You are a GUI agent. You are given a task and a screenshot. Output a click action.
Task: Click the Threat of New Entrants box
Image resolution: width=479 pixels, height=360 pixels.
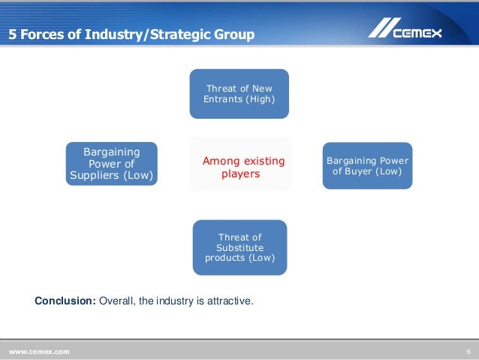(239, 94)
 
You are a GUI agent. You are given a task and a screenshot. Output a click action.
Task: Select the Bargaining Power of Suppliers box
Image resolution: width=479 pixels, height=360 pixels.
(112, 164)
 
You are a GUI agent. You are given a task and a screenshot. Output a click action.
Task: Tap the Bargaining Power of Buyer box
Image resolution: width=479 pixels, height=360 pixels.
(367, 165)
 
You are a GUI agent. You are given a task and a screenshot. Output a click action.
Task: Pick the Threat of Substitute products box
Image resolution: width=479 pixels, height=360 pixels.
(239, 247)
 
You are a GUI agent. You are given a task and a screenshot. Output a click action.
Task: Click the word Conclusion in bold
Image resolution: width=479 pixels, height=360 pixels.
(65, 301)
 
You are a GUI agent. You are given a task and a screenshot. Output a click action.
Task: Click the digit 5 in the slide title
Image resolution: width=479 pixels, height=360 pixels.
(12, 35)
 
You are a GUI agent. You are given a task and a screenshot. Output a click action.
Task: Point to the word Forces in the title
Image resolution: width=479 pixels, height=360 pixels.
(43, 35)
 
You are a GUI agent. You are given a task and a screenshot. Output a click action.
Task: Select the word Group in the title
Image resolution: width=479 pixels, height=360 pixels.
(234, 35)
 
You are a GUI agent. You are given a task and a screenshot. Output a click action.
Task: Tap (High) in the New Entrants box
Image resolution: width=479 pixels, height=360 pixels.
(260, 99)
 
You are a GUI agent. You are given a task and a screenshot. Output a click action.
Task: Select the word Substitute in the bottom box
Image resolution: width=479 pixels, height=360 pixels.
(239, 247)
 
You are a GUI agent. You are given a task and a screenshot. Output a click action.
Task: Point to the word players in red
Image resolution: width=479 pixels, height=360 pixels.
(240, 174)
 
